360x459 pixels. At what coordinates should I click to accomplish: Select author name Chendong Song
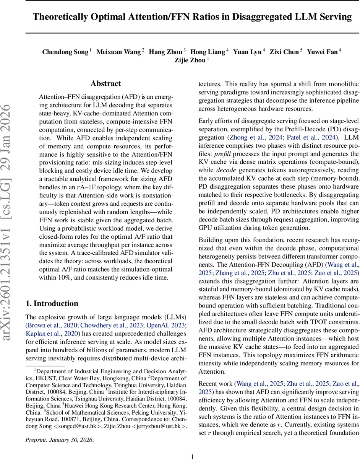click(65, 52)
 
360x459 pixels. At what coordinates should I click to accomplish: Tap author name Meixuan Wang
click(118, 52)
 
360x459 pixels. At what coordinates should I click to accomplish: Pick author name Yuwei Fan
click(322, 52)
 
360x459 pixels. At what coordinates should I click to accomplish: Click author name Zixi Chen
click(284, 52)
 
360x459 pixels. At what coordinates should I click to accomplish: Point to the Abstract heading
click(105, 84)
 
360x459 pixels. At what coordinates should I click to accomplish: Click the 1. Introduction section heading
click(52, 293)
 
